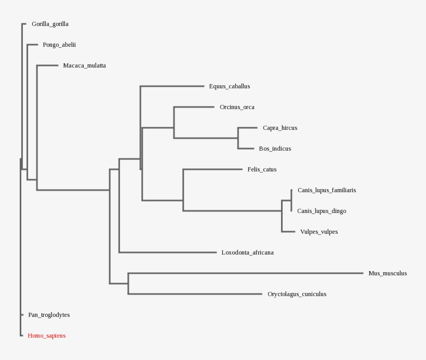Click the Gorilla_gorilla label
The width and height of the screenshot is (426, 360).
pyautogui.click(x=50, y=24)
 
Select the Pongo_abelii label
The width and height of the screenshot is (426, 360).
pyautogui.click(x=59, y=45)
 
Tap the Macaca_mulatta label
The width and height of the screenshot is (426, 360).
pyautogui.click(x=84, y=65)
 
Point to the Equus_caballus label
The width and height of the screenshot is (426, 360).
pyautogui.click(x=229, y=86)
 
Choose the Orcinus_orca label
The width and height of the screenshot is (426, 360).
pyautogui.click(x=237, y=107)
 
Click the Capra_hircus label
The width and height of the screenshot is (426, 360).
pyautogui.click(x=279, y=128)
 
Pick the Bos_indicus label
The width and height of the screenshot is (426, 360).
pyautogui.click(x=275, y=149)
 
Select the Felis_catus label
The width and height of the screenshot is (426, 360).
pyautogui.click(x=262, y=169)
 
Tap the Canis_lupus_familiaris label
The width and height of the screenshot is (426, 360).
pyautogui.click(x=326, y=190)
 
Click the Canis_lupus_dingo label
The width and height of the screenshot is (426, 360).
pyautogui.click(x=322, y=211)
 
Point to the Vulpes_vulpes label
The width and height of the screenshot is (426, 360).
pyautogui.click(x=318, y=232)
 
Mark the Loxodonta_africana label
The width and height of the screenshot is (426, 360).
pyautogui.click(x=247, y=252)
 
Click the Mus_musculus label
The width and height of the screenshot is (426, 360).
pyautogui.click(x=388, y=273)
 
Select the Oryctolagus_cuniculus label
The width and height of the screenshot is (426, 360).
pyautogui.click(x=297, y=294)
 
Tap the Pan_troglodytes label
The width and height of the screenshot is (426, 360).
pyautogui.click(x=49, y=315)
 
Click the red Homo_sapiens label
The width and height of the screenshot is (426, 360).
pyautogui.click(x=46, y=336)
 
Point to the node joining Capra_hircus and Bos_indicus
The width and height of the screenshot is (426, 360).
pyautogui.click(x=238, y=138)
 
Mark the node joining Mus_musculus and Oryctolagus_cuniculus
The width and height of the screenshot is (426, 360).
pyautogui.click(x=128, y=284)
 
